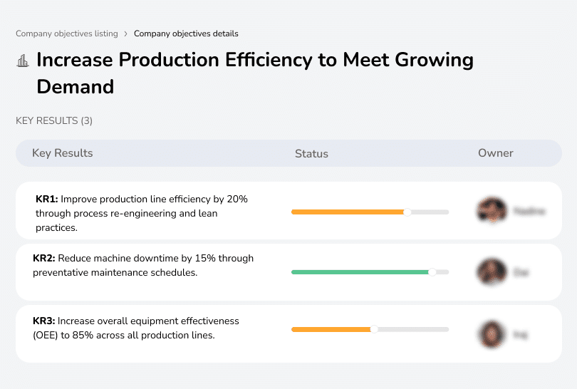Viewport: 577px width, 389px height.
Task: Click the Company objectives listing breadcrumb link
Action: [67, 33]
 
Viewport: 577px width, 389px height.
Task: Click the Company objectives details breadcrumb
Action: [186, 33]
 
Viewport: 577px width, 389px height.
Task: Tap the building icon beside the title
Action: [22, 61]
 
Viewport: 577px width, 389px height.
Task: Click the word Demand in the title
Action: [75, 87]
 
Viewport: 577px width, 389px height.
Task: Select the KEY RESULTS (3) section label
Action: [54, 121]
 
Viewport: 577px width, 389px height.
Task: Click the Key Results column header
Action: [62, 153]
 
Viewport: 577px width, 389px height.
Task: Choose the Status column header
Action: [311, 153]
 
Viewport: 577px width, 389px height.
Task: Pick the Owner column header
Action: [495, 153]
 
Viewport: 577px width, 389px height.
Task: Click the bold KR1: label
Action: [46, 199]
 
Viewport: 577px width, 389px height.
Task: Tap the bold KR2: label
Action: [44, 259]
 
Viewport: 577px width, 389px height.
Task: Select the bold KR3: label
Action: [44, 321]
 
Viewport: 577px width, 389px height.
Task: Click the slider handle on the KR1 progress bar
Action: [407, 212]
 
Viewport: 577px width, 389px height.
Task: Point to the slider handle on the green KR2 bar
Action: [432, 272]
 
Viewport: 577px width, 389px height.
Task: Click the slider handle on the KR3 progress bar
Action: [374, 329]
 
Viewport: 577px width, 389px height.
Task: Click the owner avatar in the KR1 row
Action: [492, 211]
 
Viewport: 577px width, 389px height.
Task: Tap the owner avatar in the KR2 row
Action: [492, 271]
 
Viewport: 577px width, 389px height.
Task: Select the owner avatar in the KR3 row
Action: [492, 333]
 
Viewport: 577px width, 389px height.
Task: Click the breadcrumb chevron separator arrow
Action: [126, 33]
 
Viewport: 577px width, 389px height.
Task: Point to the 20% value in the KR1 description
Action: [236, 199]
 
